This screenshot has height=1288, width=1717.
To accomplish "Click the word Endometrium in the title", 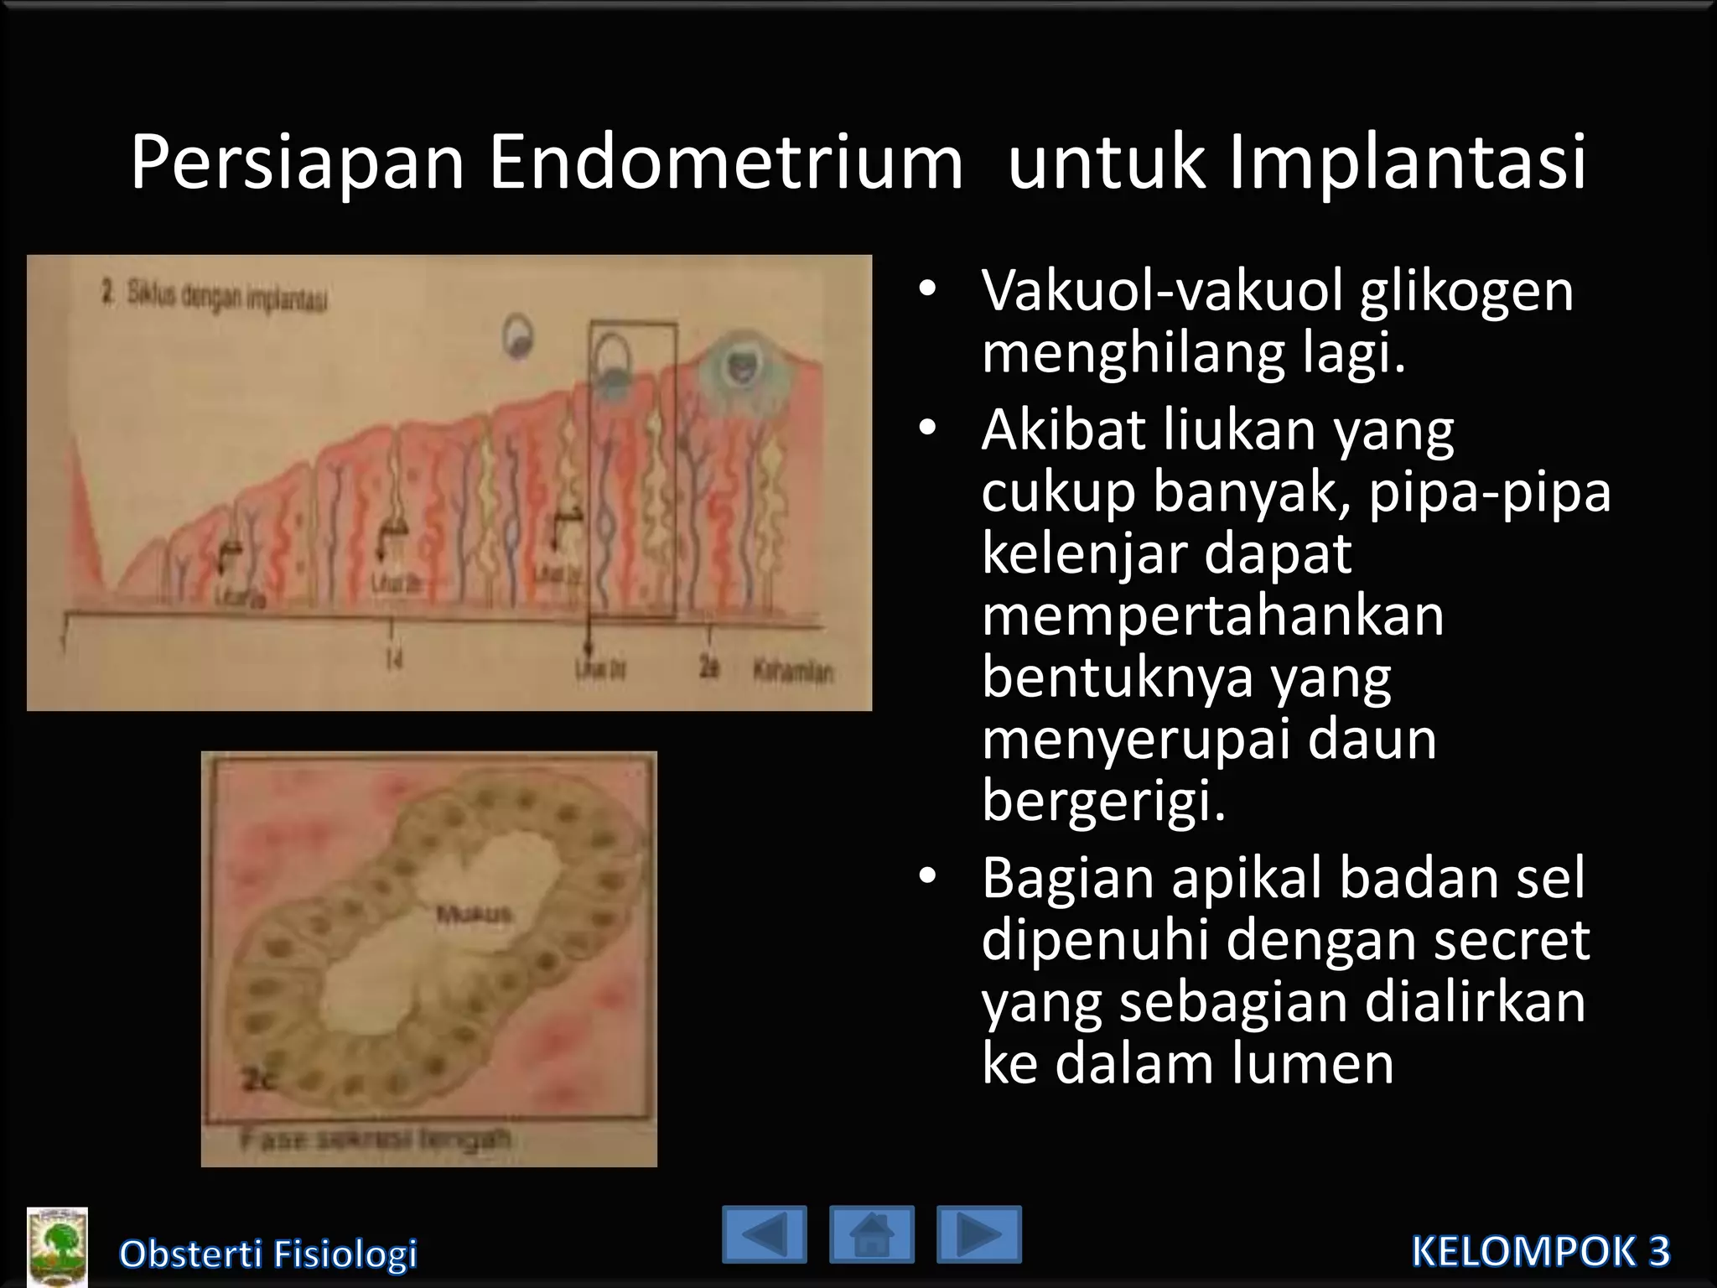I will tap(725, 164).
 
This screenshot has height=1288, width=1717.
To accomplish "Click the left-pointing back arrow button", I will tap(764, 1234).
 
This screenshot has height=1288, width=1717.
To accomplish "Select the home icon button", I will tap(871, 1234).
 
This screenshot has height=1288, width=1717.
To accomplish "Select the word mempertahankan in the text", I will tap(1213, 615).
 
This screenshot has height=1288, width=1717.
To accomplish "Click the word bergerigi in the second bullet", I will tap(1103, 802).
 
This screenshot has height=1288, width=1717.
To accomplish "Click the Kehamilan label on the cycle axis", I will tap(792, 672).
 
